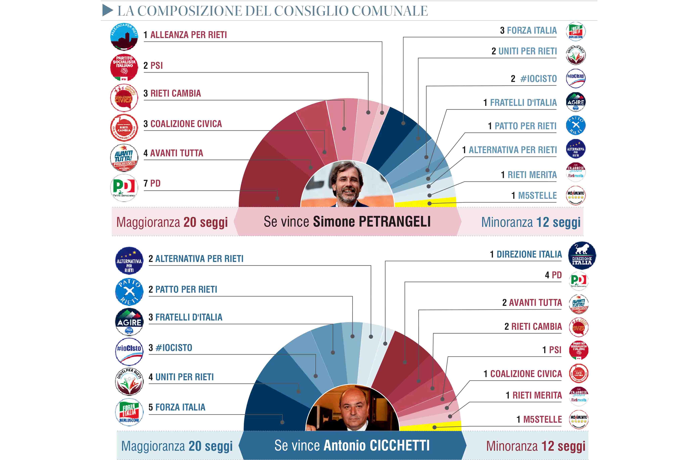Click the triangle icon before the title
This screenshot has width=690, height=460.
click(x=108, y=11)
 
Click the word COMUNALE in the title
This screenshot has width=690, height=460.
click(x=390, y=11)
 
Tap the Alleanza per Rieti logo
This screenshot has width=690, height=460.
click(x=124, y=37)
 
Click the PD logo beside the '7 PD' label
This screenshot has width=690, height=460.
click(x=124, y=188)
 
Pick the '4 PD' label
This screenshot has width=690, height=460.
click(x=553, y=275)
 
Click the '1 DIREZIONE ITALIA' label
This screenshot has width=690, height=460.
click(x=526, y=254)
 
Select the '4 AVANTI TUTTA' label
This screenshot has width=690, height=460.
click(x=173, y=153)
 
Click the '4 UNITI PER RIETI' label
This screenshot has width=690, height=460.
click(x=181, y=377)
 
